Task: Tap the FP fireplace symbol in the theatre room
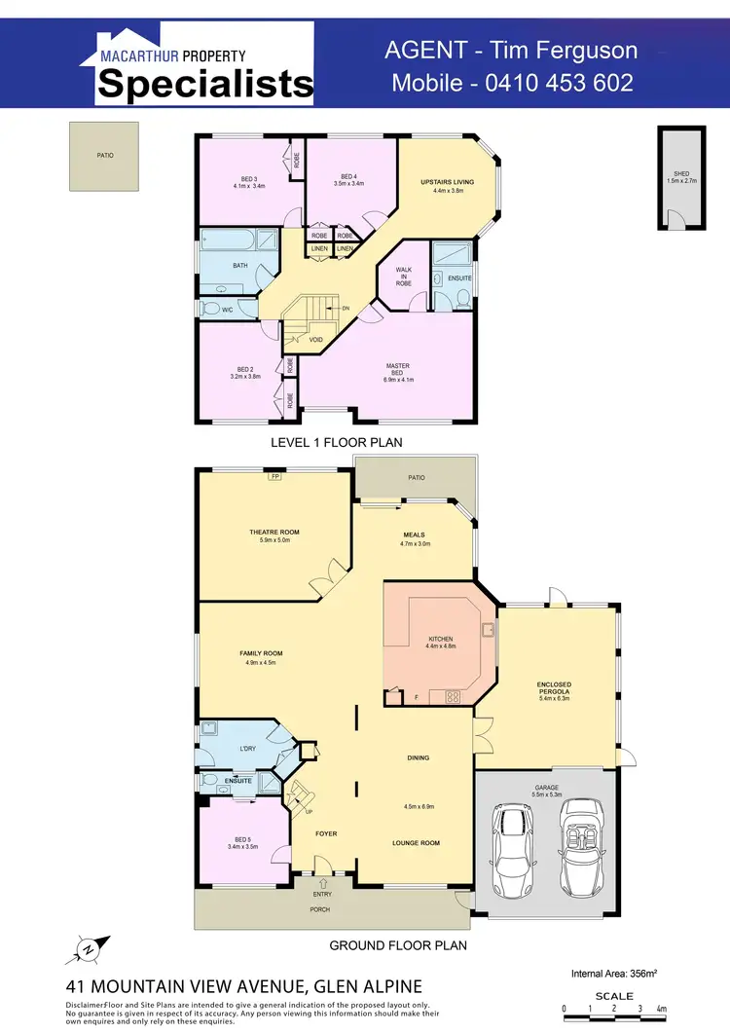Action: (275, 477)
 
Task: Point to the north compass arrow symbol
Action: (88, 947)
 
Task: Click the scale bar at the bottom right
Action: (613, 1009)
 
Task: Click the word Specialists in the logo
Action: (205, 85)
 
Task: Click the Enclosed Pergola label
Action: (554, 689)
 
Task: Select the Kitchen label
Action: (441, 642)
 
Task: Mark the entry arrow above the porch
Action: (322, 883)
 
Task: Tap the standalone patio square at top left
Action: (104, 156)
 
